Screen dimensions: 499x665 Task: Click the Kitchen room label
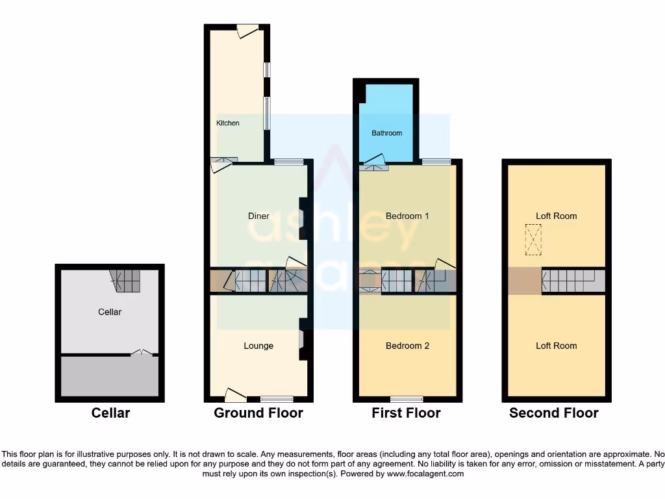[227, 123]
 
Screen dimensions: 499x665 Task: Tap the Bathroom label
[386, 133]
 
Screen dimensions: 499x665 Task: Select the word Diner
[258, 216]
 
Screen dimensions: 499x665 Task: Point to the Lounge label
[258, 346]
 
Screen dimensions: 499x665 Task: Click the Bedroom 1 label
[407, 216]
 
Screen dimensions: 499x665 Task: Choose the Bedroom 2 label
[407, 346]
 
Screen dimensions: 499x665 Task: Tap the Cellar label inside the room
[110, 312]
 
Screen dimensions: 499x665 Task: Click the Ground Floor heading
[258, 413]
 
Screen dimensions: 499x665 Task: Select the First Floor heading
[406, 413]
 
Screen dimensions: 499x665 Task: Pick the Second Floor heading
[554, 413]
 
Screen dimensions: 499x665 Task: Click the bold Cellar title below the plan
[110, 413]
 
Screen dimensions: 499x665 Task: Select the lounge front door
[235, 394]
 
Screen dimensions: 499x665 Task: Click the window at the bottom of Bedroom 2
[407, 398]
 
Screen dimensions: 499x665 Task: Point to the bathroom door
[374, 161]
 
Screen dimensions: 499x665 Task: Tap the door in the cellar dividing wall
[142, 353]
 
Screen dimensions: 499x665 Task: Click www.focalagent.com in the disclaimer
[425, 474]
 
